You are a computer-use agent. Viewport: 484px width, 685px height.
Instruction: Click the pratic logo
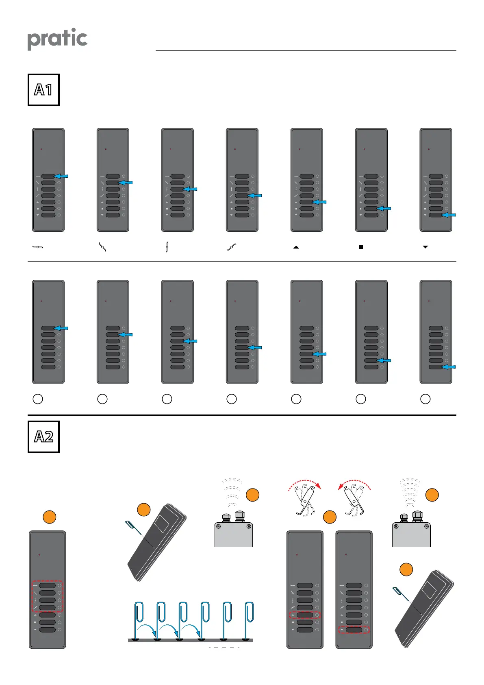[57, 39]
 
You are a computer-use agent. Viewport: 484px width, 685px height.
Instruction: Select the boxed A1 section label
[43, 90]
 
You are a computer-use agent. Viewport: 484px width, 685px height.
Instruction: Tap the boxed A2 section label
[43, 437]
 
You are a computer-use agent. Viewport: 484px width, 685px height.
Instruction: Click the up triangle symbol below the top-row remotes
[296, 247]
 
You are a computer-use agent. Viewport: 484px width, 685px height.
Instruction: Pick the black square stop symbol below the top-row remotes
[361, 247]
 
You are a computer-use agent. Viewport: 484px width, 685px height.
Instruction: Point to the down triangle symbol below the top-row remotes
[425, 247]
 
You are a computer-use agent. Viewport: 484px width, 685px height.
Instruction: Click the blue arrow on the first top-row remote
[61, 176]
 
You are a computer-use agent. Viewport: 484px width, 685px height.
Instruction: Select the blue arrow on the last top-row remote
[449, 215]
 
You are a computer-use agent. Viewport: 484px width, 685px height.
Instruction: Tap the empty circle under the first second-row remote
[38, 399]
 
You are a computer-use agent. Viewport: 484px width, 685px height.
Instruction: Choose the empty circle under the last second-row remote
[425, 399]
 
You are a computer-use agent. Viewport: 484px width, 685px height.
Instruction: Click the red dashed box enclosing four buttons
[48, 596]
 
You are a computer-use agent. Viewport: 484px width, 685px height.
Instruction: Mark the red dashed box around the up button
[305, 615]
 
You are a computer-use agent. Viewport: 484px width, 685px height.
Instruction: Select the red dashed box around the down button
[354, 630]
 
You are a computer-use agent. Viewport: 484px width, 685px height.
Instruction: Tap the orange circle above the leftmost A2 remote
[50, 517]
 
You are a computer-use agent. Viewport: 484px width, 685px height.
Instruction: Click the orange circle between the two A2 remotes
[330, 517]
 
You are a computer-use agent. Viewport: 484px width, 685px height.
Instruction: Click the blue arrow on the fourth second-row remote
[255, 347]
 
